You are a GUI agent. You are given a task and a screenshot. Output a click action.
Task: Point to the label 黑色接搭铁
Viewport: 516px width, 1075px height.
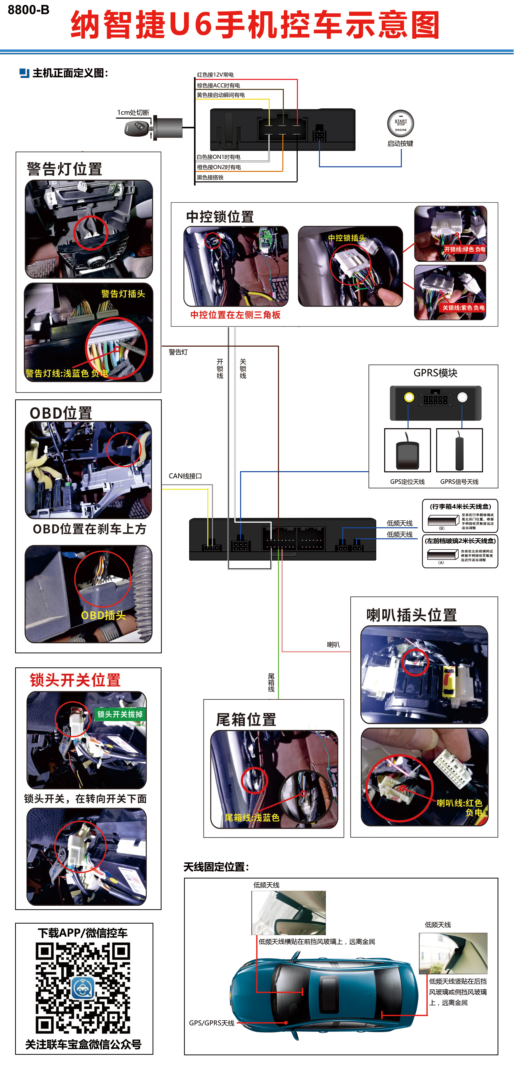(x=210, y=177)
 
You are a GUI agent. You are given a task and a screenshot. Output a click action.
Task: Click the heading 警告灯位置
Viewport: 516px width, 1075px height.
(x=64, y=169)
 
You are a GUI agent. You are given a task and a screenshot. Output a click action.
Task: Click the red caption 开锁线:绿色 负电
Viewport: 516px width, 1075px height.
(x=464, y=249)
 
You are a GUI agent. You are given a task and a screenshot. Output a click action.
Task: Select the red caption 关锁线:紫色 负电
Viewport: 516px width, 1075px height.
(x=463, y=307)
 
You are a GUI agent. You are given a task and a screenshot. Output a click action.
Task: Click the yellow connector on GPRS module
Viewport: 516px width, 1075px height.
(x=409, y=397)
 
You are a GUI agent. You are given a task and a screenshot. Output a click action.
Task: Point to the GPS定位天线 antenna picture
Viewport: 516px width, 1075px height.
(x=407, y=451)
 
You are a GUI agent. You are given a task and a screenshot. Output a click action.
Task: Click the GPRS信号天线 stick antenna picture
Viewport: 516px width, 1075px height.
(x=459, y=451)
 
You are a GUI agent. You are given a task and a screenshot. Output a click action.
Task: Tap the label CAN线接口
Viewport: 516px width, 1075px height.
(x=185, y=476)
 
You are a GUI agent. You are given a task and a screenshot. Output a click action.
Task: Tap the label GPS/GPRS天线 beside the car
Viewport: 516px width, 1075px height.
(x=211, y=1023)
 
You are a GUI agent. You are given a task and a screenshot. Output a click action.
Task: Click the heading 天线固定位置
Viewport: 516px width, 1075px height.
(x=216, y=867)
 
